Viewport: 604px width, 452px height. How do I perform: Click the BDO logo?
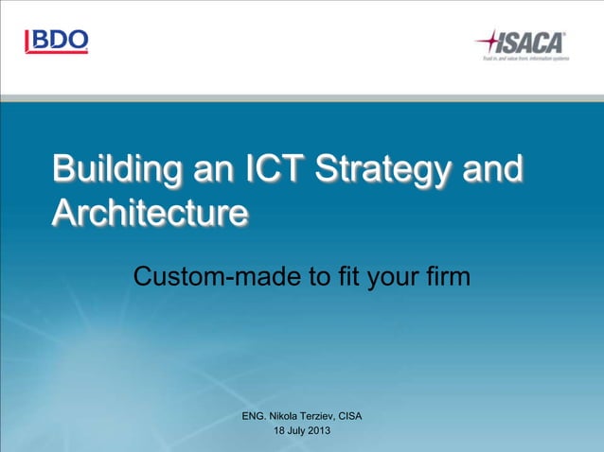(57, 41)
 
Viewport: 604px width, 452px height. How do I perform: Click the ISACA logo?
(520, 43)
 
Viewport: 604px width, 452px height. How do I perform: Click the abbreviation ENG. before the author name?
(254, 416)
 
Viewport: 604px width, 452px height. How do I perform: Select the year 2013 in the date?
(318, 432)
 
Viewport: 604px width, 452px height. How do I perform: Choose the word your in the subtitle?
(393, 277)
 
